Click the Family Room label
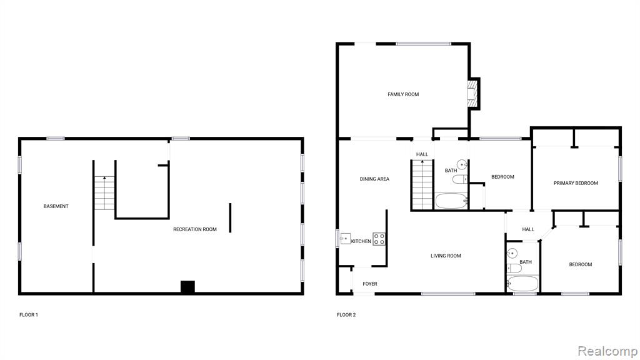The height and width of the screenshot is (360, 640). pos(403,94)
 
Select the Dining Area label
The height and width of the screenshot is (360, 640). pos(374,179)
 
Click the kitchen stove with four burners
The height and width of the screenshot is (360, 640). pos(379,239)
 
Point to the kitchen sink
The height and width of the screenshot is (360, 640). pos(345,238)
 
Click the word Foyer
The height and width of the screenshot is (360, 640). pos(370,284)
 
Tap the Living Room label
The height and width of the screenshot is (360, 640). pos(446,256)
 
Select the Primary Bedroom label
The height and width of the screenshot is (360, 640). pos(576,183)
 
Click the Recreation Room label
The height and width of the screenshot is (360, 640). pos(195,229)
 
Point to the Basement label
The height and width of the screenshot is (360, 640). pos(56,206)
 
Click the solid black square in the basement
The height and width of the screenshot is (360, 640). pos(187,286)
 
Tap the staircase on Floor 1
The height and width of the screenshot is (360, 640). pos(104,193)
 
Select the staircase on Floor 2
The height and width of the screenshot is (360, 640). pos(422,185)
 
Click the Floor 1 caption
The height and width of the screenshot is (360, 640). pos(29,315)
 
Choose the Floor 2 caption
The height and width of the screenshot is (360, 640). pos(346,315)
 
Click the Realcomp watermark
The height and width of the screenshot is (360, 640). pos(607,351)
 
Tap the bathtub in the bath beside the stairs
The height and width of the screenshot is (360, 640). pos(451,201)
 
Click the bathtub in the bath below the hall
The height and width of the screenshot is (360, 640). pos(522,284)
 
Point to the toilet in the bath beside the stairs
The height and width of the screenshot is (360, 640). pos(460,179)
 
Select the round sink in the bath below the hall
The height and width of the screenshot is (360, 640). pos(512,254)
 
